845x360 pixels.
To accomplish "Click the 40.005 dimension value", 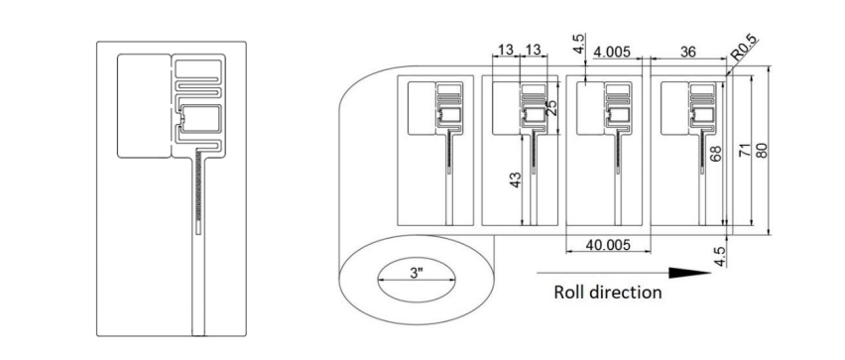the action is (x=608, y=245).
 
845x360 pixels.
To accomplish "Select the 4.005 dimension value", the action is (x=611, y=52).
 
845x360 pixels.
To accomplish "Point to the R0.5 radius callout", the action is (x=744, y=48).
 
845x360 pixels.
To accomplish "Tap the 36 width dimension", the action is (x=688, y=52).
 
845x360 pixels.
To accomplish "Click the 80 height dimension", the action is (x=762, y=151).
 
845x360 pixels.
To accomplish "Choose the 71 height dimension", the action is (x=744, y=152).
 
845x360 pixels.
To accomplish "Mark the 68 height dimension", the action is (x=716, y=155).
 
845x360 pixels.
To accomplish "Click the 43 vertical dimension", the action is (x=515, y=180).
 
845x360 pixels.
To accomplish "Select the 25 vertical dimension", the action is (x=550, y=108).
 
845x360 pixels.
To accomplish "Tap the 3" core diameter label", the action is (x=416, y=273).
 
